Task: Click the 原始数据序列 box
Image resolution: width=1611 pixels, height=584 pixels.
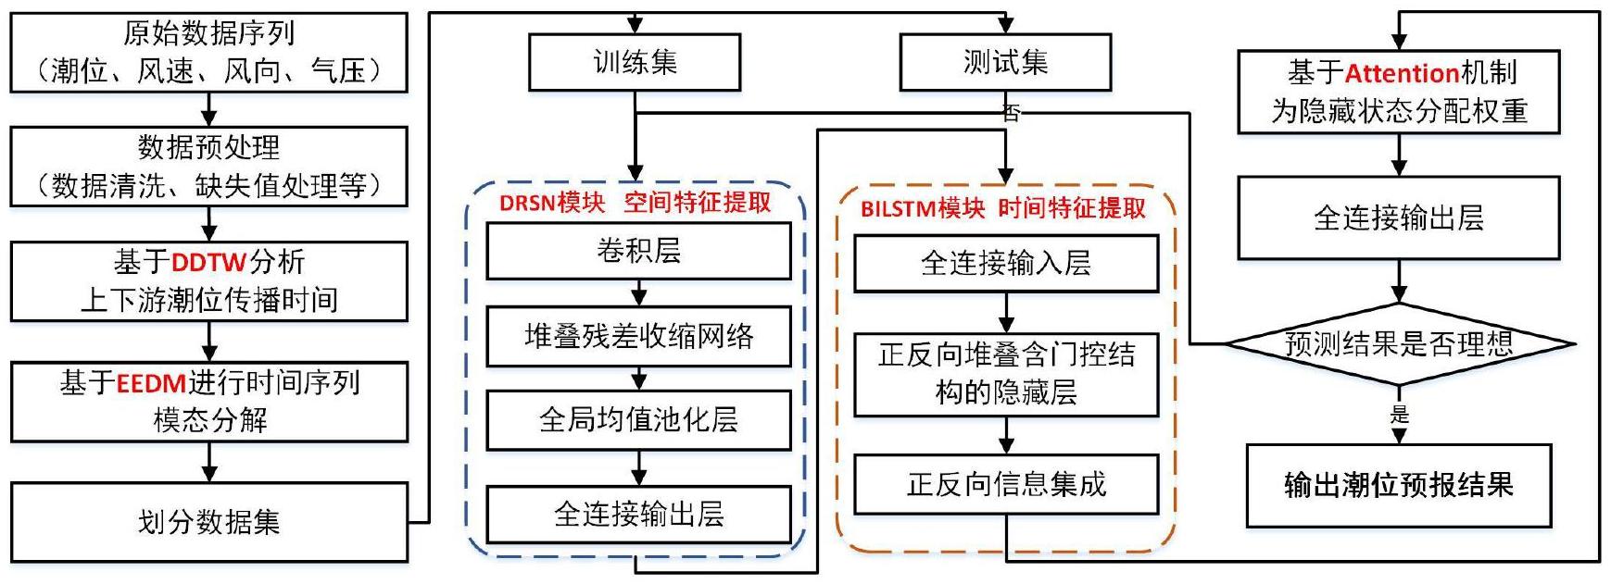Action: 208,53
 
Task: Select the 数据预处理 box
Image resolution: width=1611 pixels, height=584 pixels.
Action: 208,166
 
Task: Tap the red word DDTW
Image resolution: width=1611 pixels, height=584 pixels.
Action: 208,263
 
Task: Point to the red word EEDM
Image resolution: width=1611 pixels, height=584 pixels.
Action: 152,383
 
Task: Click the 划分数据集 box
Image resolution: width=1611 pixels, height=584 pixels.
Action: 208,522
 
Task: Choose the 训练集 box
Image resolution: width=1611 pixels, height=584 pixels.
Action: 635,63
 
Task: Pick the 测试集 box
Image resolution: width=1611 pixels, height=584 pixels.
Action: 1005,63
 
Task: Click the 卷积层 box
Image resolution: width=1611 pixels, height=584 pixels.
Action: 638,251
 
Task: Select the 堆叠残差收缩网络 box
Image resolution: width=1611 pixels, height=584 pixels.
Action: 638,336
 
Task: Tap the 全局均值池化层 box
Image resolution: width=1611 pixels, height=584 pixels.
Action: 638,420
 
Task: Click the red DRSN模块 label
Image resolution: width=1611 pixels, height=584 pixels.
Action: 552,204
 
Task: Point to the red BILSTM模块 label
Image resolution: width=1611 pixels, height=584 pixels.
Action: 923,209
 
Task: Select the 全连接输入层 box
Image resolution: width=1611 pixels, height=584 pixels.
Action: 1006,264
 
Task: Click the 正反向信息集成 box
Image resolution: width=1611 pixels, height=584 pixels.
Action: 1006,484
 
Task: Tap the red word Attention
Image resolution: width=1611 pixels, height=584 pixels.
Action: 1402,73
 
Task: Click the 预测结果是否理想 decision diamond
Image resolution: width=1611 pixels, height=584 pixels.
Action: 1399,344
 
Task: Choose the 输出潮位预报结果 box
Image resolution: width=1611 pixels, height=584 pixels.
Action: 1398,485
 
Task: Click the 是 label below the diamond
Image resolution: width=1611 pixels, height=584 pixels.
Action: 1399,415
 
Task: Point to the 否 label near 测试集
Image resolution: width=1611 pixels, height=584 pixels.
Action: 1012,113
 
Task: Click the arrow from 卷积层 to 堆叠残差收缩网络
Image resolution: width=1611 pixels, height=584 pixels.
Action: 638,293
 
